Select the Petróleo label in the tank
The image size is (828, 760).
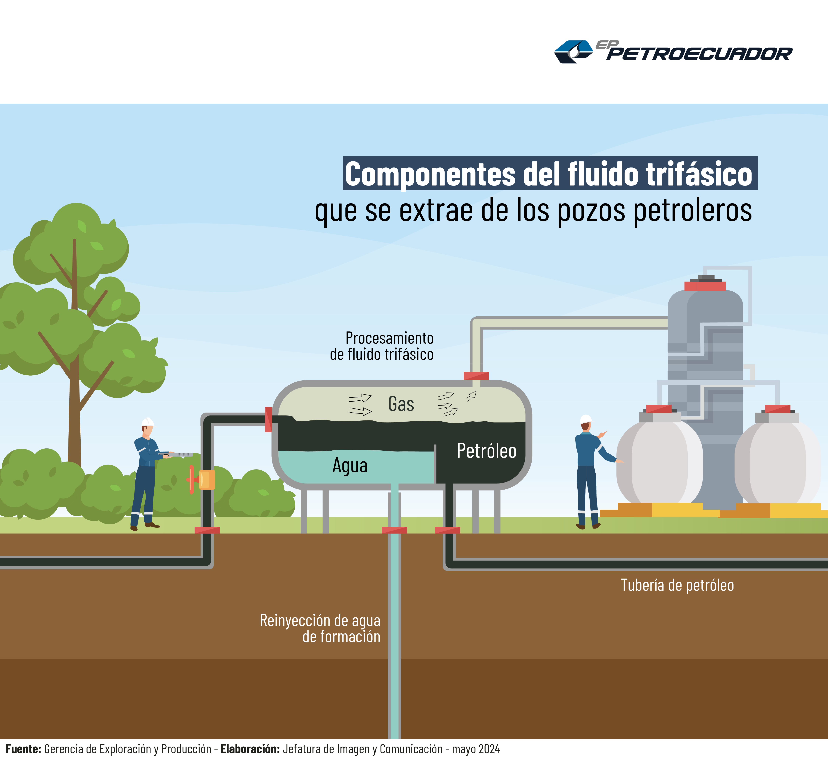486,451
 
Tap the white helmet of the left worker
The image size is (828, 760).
147,422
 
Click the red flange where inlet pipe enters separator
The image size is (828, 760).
268,420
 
